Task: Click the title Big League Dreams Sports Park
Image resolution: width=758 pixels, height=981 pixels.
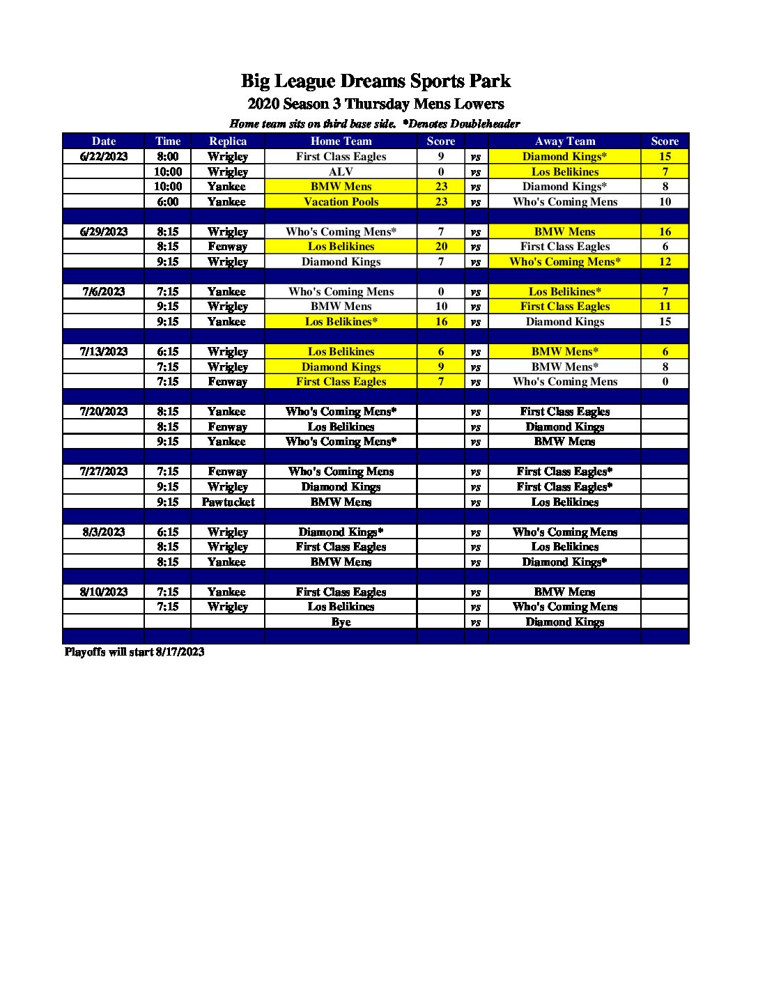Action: pos(376,81)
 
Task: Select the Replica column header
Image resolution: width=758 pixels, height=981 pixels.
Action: pos(228,141)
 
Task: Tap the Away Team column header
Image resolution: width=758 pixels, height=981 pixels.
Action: pos(564,141)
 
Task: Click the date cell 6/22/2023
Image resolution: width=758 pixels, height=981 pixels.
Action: pos(104,156)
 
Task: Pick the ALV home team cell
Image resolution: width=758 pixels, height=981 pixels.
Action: pos(341,171)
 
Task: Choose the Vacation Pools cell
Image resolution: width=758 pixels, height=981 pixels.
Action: pos(341,201)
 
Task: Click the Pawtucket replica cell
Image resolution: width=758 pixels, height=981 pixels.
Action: pos(228,502)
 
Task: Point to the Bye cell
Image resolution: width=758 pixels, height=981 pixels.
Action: pos(341,621)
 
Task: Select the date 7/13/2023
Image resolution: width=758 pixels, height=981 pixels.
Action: pos(104,351)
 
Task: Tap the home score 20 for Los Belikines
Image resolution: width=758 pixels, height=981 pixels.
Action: pos(441,246)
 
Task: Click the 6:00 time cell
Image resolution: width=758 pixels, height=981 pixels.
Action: pos(167,201)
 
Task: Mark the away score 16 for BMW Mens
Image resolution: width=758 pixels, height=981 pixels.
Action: pos(665,231)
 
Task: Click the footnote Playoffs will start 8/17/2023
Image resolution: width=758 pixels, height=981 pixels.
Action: pos(134,651)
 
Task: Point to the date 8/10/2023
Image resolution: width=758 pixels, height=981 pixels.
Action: pos(104,592)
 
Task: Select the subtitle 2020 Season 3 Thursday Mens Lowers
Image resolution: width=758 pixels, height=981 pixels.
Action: pos(376,104)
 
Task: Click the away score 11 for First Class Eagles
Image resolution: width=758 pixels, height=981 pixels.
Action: pos(665,306)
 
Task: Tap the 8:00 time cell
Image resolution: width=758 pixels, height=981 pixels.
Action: pos(167,156)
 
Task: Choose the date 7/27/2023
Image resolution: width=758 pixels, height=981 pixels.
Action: pos(104,471)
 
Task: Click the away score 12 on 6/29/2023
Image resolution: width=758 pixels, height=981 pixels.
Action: pos(665,261)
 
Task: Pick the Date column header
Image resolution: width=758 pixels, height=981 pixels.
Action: pos(104,141)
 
